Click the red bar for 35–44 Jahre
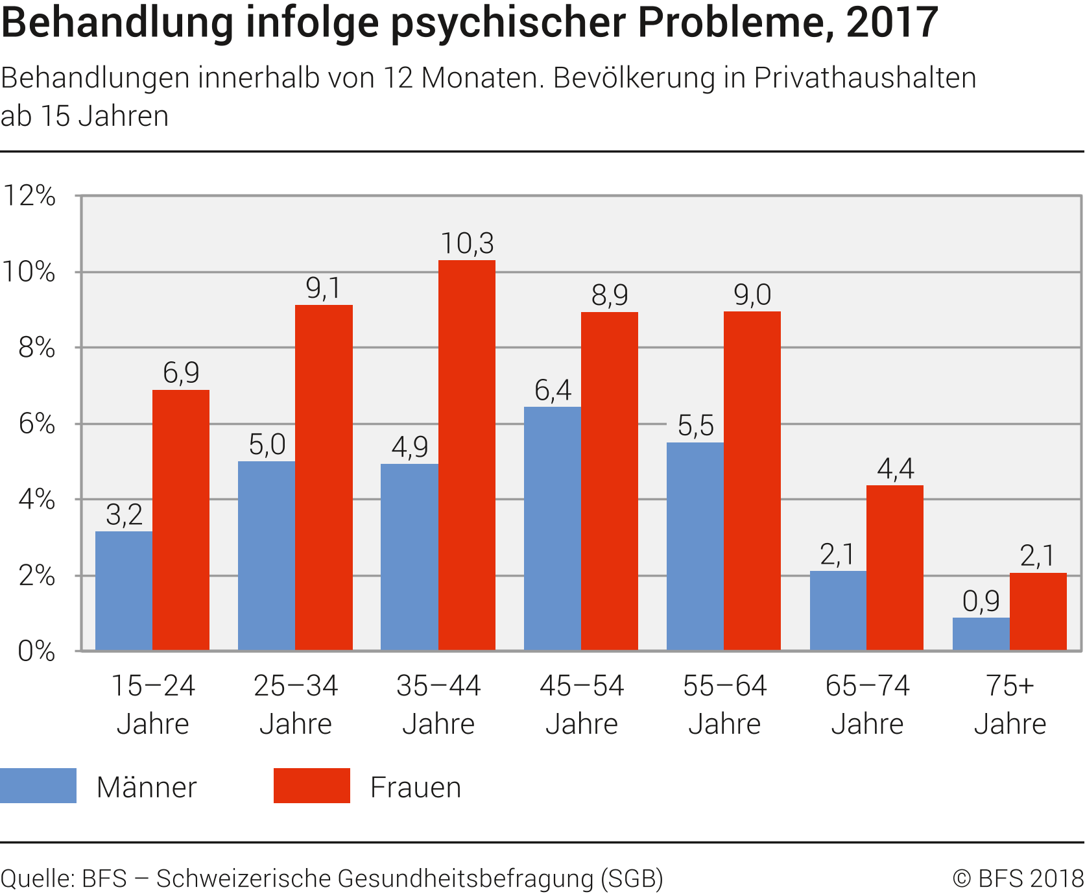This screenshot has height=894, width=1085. click(467, 455)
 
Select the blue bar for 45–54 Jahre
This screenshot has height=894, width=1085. click(553, 528)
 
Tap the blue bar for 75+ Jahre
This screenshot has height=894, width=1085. click(981, 634)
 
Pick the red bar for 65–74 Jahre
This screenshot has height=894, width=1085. click(895, 568)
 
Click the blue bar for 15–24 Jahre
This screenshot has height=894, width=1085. click(124, 590)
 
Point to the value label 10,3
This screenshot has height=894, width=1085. click(467, 244)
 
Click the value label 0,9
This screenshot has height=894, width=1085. click(981, 601)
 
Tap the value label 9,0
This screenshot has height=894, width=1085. click(752, 295)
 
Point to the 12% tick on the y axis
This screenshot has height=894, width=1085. click(30, 195)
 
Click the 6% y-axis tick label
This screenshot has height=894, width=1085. click(36, 424)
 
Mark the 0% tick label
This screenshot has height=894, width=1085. click(36, 651)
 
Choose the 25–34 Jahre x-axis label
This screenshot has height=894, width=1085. click(296, 705)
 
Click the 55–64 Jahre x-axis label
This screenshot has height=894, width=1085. click(724, 705)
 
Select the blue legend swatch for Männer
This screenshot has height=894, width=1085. click(38, 786)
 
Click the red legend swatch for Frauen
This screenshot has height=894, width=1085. click(312, 786)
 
